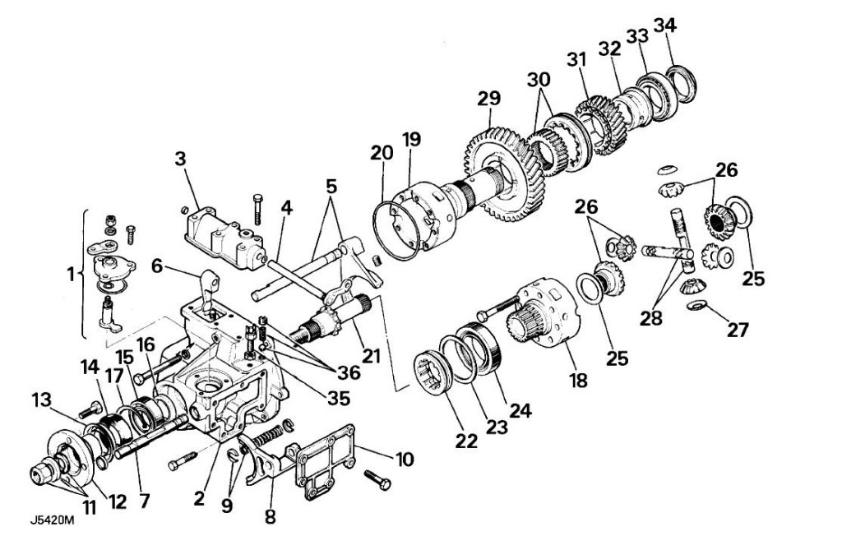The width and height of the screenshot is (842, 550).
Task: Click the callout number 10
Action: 404,458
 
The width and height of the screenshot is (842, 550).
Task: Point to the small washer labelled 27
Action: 696,307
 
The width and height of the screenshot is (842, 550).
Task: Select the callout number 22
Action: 467,441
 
